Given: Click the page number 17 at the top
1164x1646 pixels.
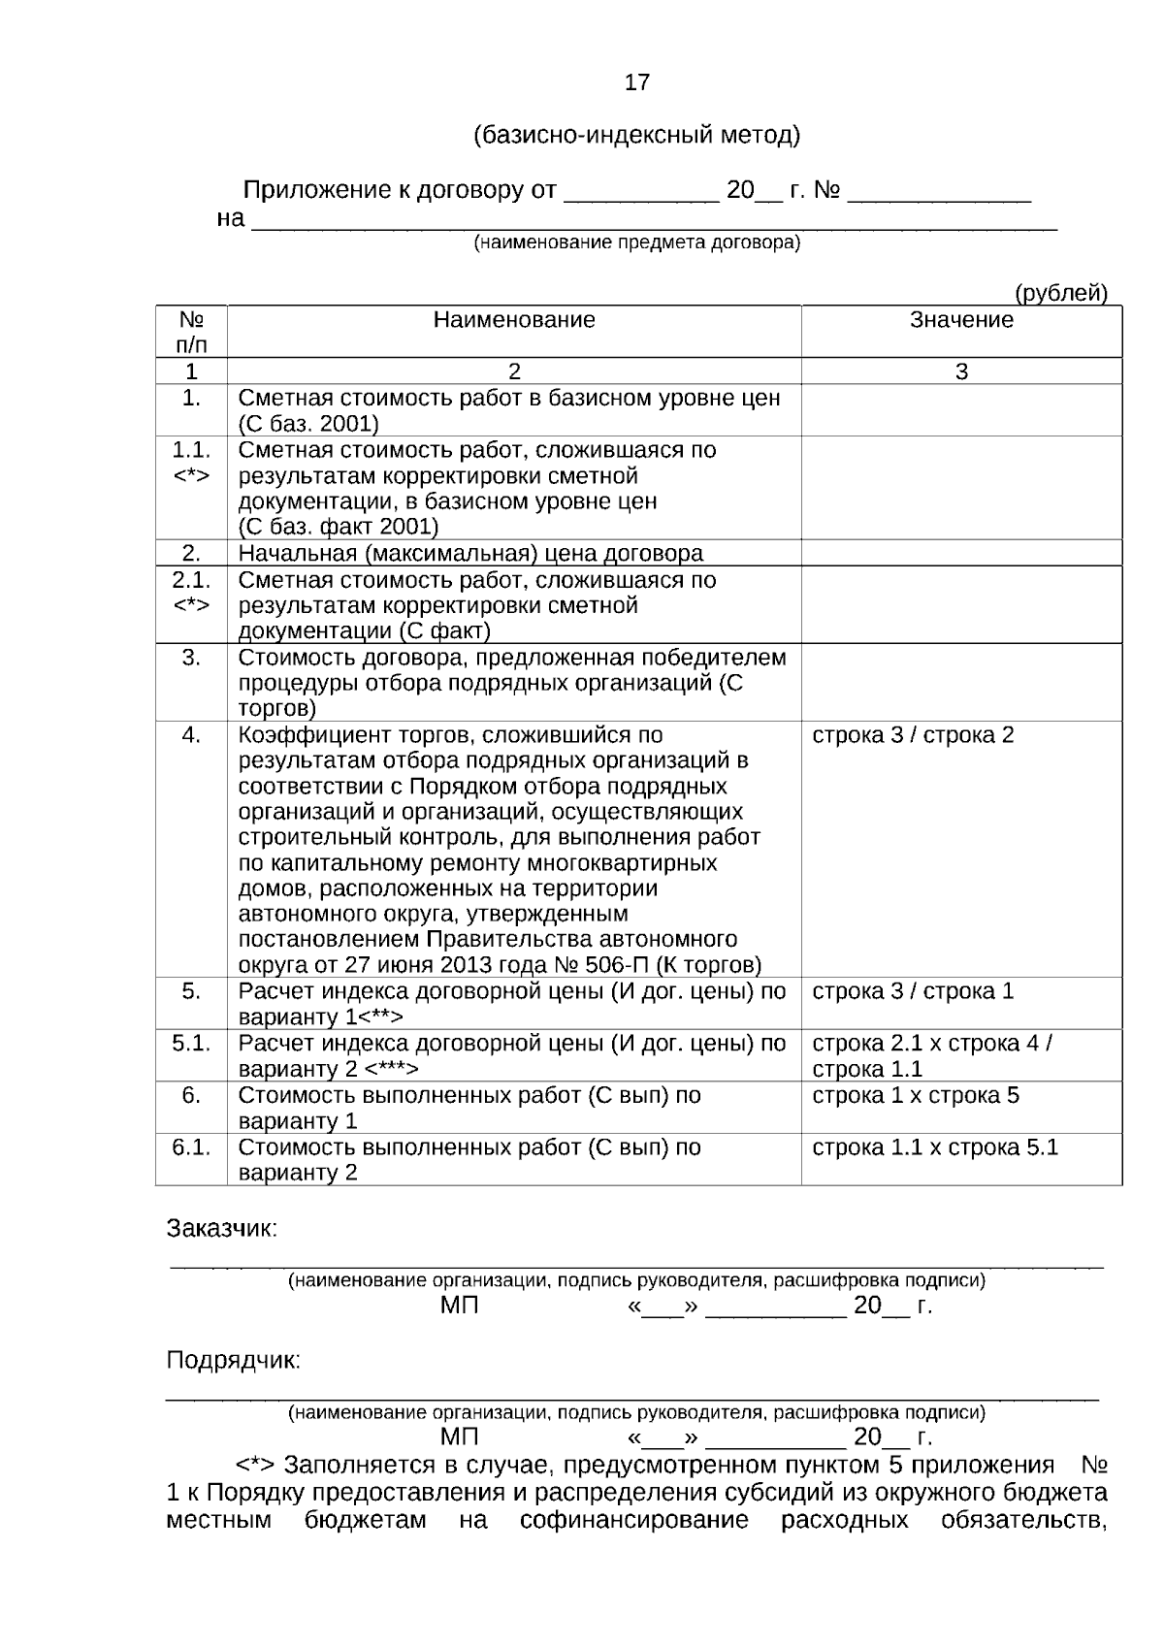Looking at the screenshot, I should (x=636, y=82).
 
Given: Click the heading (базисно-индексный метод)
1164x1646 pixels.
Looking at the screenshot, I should (x=636, y=135).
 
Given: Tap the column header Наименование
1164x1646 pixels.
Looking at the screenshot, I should (x=514, y=320).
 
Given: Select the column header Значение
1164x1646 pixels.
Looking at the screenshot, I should (x=961, y=320).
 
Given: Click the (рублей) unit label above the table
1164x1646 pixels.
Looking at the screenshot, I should (x=1060, y=293).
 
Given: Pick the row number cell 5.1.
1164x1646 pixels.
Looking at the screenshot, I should (x=191, y=1044).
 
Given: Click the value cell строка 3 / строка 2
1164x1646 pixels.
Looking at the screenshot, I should (x=913, y=735).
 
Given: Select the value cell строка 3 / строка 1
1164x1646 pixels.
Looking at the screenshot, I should (x=913, y=991).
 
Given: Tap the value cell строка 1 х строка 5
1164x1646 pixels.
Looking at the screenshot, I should (x=916, y=1095).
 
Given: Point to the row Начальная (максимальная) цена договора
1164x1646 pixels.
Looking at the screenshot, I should (x=470, y=554).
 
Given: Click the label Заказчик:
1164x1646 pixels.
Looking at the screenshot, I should (x=222, y=1229).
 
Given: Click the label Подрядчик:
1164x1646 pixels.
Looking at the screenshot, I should (x=234, y=1360).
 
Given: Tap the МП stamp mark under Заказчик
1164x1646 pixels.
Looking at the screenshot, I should (x=459, y=1306).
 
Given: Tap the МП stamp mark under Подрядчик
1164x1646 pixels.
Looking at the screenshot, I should (x=459, y=1436).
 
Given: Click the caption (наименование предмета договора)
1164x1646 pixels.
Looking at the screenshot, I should (x=636, y=242).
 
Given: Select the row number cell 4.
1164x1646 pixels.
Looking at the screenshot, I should (x=191, y=735).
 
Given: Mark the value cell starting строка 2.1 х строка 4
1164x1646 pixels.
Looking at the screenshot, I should (x=931, y=1055).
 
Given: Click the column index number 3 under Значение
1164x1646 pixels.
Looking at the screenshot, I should (x=961, y=371).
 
